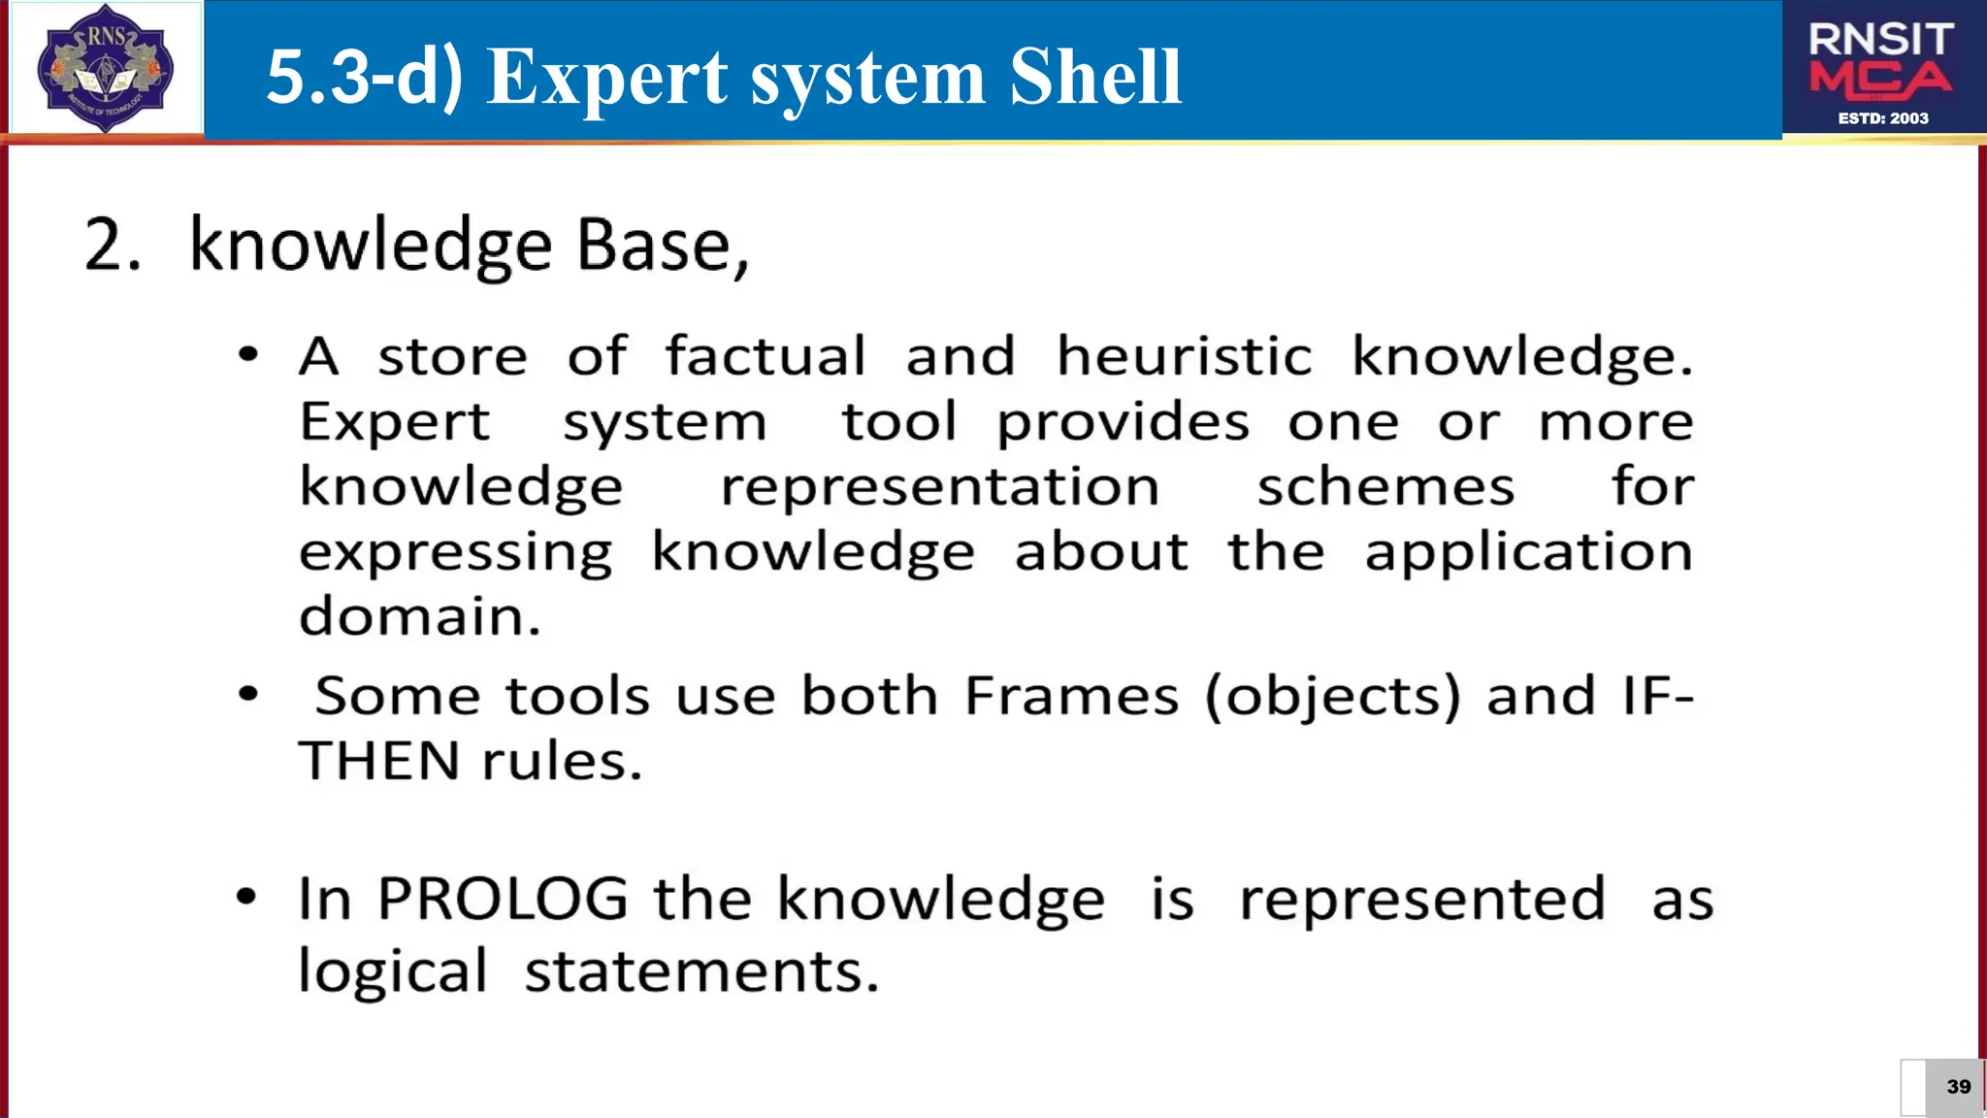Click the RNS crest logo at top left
105,68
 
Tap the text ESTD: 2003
1883,118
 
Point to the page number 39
1958,1087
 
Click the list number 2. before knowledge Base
113,245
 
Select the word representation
939,487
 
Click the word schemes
1385,487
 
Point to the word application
1528,553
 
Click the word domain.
419,617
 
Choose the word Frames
1071,696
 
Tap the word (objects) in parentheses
1332,697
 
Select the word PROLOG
503,899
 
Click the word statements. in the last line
701,971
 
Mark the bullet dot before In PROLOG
247,897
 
